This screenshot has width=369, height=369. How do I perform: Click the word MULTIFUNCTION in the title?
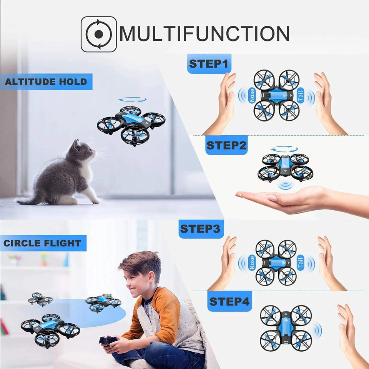tap(204, 34)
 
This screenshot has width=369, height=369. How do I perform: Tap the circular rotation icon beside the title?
tap(99, 34)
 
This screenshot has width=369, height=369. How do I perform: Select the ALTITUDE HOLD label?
tap(46, 81)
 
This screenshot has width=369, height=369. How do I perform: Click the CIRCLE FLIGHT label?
tap(43, 243)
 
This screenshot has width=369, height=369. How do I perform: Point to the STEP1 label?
tap(209, 63)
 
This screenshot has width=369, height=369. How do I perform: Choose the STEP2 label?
tap(226, 145)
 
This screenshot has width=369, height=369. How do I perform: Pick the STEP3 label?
tap(200, 229)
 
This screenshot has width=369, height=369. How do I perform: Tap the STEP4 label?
tap(230, 301)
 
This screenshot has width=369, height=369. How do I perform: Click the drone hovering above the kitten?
tap(131, 124)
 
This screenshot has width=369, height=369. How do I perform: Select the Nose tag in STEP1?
tap(252, 95)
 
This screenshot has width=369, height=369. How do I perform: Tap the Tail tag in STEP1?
tap(301, 95)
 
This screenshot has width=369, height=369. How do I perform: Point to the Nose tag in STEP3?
tap(252, 262)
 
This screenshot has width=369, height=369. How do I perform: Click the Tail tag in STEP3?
tap(301, 262)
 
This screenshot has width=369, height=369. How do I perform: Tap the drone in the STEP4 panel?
tap(286, 328)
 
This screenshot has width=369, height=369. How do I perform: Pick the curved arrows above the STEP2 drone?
tap(284, 149)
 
